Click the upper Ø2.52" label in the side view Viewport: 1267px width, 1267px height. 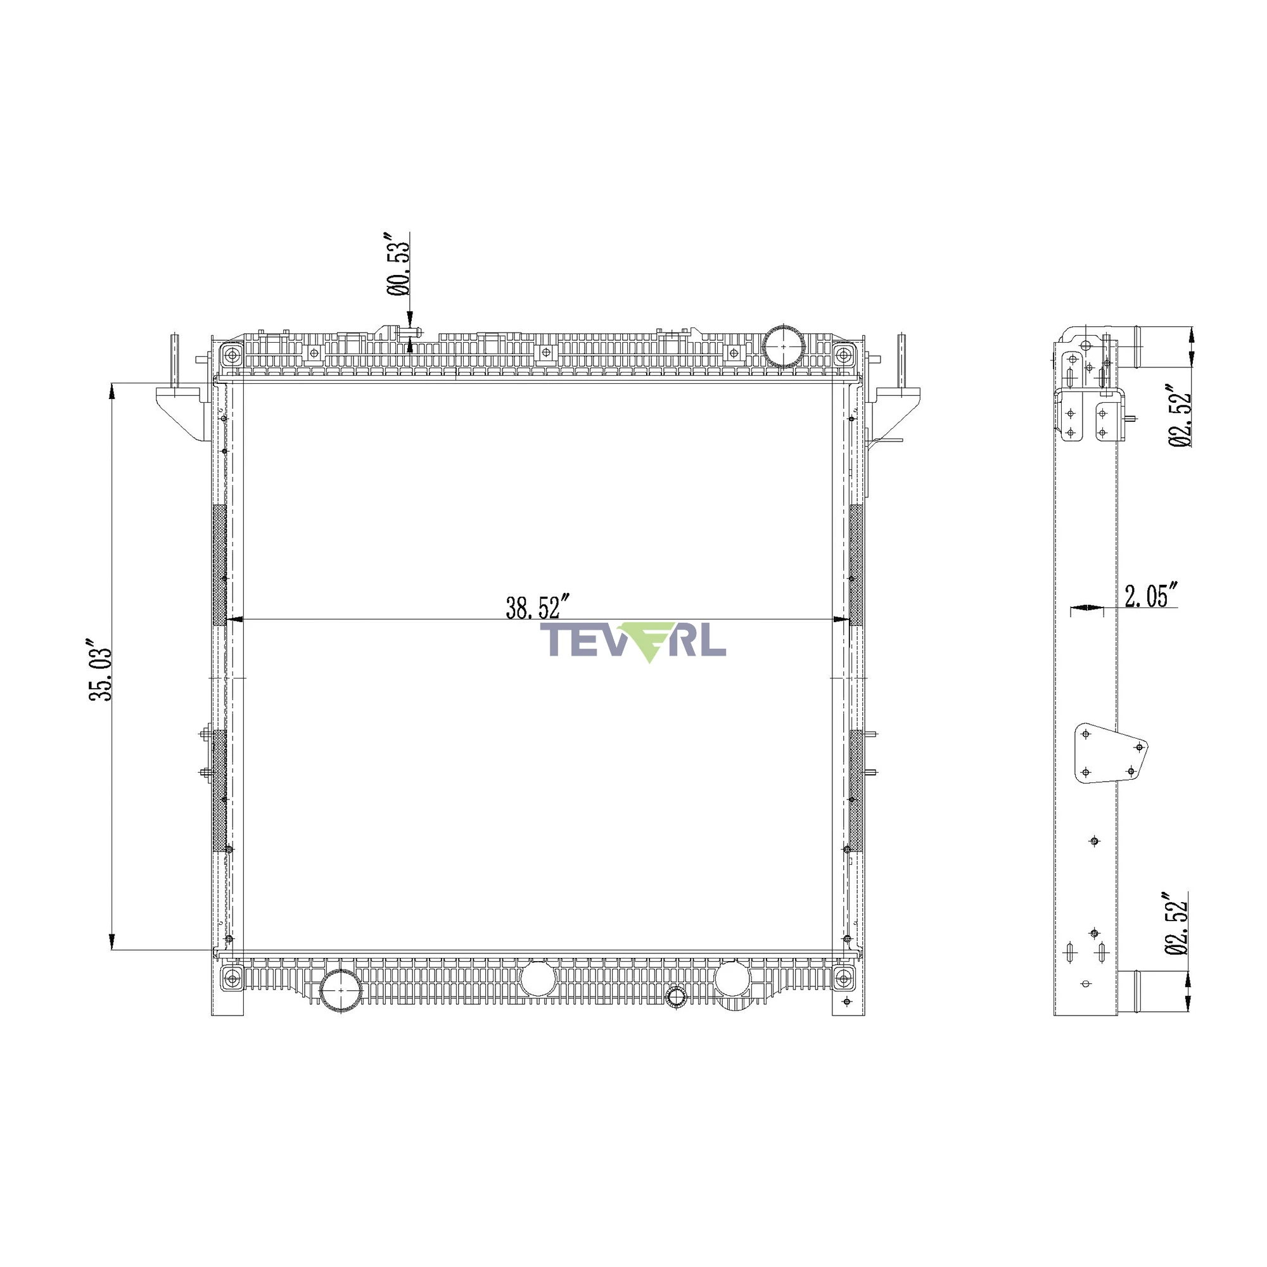[1180, 415]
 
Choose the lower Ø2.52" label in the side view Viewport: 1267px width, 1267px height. [1177, 924]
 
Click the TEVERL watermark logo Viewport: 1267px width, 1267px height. [632, 641]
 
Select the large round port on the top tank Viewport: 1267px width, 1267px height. [784, 344]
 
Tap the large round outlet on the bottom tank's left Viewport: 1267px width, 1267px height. [341, 990]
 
